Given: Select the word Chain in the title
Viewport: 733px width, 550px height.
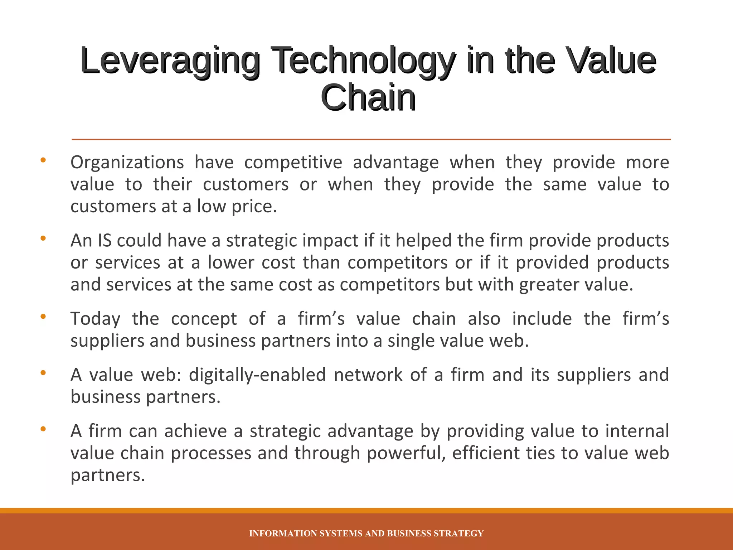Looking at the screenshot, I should [x=368, y=97].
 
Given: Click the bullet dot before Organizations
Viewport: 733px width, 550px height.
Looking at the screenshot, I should [x=43, y=160].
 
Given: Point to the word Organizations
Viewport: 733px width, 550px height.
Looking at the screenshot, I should [x=127, y=163].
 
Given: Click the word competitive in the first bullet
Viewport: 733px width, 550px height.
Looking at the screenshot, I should [x=293, y=163].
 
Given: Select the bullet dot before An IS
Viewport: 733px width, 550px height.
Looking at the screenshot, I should [x=43, y=238].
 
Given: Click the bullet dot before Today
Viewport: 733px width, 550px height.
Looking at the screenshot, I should [x=43, y=317].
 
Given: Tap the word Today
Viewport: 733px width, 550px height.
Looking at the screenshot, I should [x=95, y=319].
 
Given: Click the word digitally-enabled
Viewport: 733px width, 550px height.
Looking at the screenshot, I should [x=257, y=375].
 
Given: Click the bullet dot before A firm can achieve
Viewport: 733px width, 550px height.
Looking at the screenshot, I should [x=43, y=429].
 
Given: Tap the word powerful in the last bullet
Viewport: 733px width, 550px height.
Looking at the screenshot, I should [x=406, y=453].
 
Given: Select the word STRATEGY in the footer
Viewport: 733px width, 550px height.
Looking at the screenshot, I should [x=458, y=534].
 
